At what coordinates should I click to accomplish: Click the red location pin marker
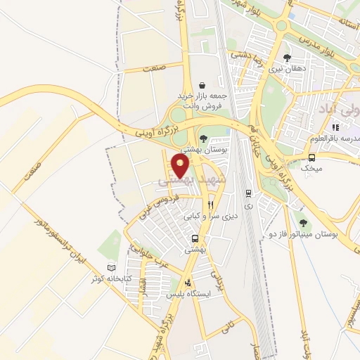181,166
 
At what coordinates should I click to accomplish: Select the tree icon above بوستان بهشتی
203,139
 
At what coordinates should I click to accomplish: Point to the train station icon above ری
248,193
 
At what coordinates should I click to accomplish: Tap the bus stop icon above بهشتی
192,238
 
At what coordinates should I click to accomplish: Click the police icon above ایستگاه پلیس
188,284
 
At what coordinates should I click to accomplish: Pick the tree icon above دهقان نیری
286,58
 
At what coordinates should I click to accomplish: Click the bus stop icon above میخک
311,157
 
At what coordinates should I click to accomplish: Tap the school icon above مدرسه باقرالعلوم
335,127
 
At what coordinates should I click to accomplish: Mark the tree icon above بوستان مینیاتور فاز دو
303,222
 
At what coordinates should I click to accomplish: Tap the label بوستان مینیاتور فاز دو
304,233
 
